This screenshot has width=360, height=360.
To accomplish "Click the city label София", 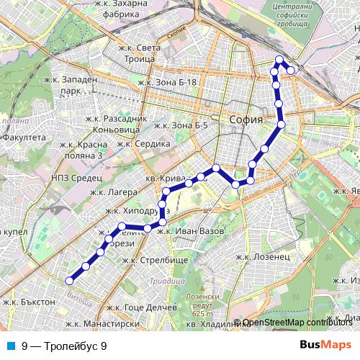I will pyautogui.click(x=244, y=120).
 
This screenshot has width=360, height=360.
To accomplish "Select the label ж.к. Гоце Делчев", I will pyautogui.click(x=141, y=307).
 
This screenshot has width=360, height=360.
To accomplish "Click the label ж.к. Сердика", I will pyautogui.click(x=143, y=143).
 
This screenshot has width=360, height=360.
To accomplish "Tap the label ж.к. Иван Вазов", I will pyautogui.click(x=192, y=230).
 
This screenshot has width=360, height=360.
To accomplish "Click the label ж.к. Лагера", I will pyautogui.click(x=108, y=192).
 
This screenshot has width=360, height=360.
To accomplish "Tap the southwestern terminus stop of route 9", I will pyautogui.click(x=70, y=281).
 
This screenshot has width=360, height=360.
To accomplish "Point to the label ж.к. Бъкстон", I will pyautogui.click(x=29, y=302).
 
